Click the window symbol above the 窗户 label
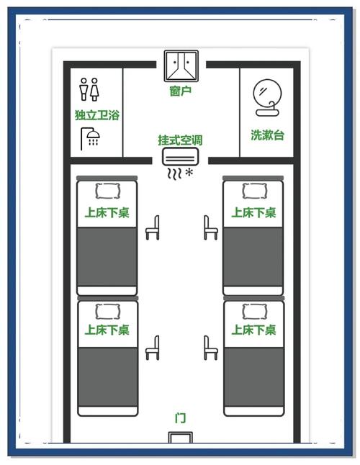(x=181, y=66)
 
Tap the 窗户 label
(x=180, y=91)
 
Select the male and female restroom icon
(x=89, y=89)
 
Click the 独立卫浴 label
(x=97, y=114)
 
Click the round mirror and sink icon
(x=267, y=97)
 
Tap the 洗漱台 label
(x=267, y=135)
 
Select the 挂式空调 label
(x=180, y=140)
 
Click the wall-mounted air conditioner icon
(x=180, y=156)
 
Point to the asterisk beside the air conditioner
(x=189, y=172)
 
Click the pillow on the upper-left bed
(x=108, y=191)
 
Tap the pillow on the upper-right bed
(x=254, y=191)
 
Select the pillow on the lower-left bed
(x=108, y=311)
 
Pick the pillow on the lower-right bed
(x=254, y=311)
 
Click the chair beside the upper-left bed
(x=153, y=227)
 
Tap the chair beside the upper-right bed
(x=211, y=227)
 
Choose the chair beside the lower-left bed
(x=153, y=348)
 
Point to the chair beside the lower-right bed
(x=211, y=348)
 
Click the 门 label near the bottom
(x=180, y=417)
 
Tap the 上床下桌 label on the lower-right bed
(x=253, y=330)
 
